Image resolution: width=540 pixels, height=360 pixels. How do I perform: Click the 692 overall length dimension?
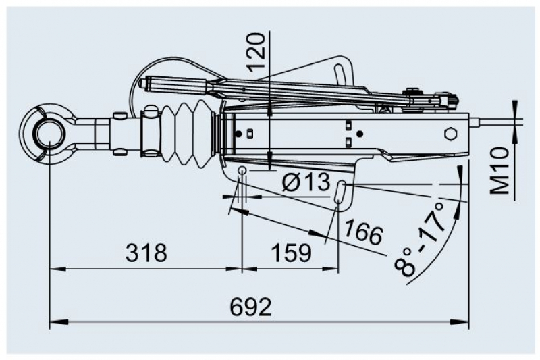point(250,307)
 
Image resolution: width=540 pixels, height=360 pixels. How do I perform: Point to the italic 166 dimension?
point(363,232)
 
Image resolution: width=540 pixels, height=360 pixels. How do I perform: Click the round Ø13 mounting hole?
point(242,170)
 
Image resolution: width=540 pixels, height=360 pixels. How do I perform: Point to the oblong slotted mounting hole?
point(342,191)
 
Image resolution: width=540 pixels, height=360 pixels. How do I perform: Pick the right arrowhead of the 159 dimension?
point(335,269)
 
